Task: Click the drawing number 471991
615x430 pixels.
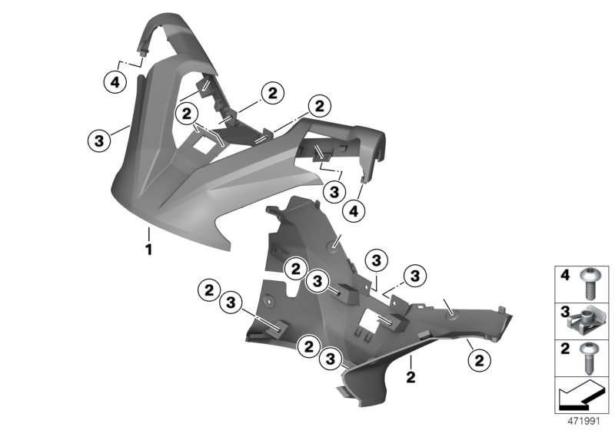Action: tap(582, 422)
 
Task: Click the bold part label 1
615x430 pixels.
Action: tap(149, 250)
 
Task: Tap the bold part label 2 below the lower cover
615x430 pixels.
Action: tap(411, 376)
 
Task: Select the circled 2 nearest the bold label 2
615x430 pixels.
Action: tap(478, 358)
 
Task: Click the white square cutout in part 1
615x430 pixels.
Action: tap(204, 142)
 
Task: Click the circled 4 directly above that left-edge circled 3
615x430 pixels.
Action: tap(114, 78)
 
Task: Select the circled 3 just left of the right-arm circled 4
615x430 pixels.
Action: tap(333, 188)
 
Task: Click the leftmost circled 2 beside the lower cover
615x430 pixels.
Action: tap(207, 291)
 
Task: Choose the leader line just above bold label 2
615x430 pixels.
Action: tap(413, 362)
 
